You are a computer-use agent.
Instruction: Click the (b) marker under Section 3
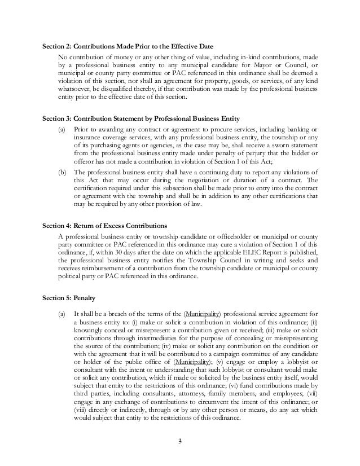[x=62, y=172]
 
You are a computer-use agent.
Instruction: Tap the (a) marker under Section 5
[x=62, y=313]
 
